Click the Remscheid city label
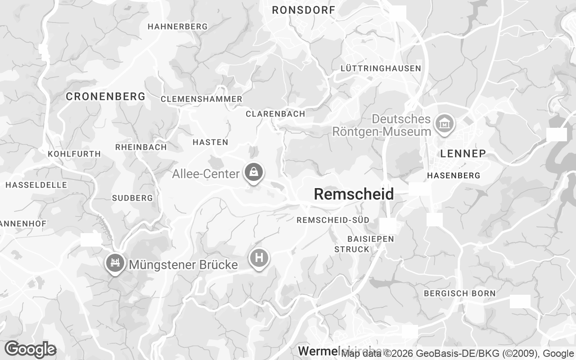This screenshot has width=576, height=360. (354, 194)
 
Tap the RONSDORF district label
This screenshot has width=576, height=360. (304, 10)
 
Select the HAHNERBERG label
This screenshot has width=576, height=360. (178, 27)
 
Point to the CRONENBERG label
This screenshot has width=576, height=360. (106, 96)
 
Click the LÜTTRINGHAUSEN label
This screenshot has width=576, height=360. (381, 68)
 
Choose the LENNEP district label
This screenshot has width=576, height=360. (463, 153)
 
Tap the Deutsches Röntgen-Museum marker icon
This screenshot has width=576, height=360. (444, 122)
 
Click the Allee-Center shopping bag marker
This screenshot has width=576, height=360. (254, 172)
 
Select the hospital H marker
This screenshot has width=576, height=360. (259, 258)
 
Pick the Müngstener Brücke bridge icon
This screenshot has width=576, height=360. (115, 262)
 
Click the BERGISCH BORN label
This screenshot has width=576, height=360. (459, 293)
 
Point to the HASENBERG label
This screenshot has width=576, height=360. (454, 175)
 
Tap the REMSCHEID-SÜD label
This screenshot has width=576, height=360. (333, 220)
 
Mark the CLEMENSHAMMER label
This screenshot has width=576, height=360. (201, 99)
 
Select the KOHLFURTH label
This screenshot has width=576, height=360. (74, 154)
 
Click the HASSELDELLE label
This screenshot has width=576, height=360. (36, 185)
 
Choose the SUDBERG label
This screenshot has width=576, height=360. (132, 198)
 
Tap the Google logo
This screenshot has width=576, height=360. (30, 349)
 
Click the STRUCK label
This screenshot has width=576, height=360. (351, 249)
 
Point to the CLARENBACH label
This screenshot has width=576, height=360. (275, 114)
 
